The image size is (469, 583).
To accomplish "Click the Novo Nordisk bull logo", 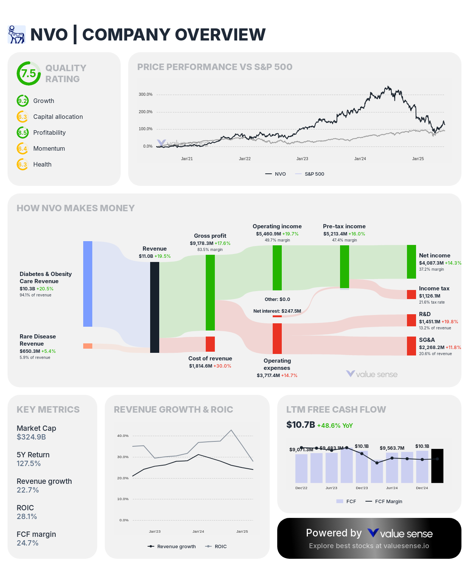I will (x=16, y=34).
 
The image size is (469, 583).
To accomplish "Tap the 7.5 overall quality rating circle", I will (x=28, y=73).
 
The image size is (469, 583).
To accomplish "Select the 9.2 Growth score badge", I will (x=22, y=101).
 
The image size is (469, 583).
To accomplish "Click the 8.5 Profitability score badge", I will (x=22, y=133).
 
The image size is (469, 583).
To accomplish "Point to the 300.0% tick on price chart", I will (x=145, y=95).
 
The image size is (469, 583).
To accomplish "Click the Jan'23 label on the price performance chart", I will (x=302, y=159).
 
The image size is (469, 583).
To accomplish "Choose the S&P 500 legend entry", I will (x=310, y=174).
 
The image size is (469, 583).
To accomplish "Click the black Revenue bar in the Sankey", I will (x=155, y=307).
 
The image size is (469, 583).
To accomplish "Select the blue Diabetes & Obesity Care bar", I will (x=88, y=284).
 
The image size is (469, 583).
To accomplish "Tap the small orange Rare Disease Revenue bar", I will (x=88, y=346).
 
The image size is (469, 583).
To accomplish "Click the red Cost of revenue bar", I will (x=210, y=344).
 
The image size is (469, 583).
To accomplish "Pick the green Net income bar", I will (x=412, y=262).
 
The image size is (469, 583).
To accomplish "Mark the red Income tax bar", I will (x=412, y=295).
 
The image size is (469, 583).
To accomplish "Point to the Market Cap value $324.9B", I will (x=31, y=437).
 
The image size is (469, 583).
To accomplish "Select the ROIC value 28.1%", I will (x=27, y=517).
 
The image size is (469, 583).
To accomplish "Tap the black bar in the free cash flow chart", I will (x=437, y=466).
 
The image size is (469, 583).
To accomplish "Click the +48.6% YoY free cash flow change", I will (x=335, y=426).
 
